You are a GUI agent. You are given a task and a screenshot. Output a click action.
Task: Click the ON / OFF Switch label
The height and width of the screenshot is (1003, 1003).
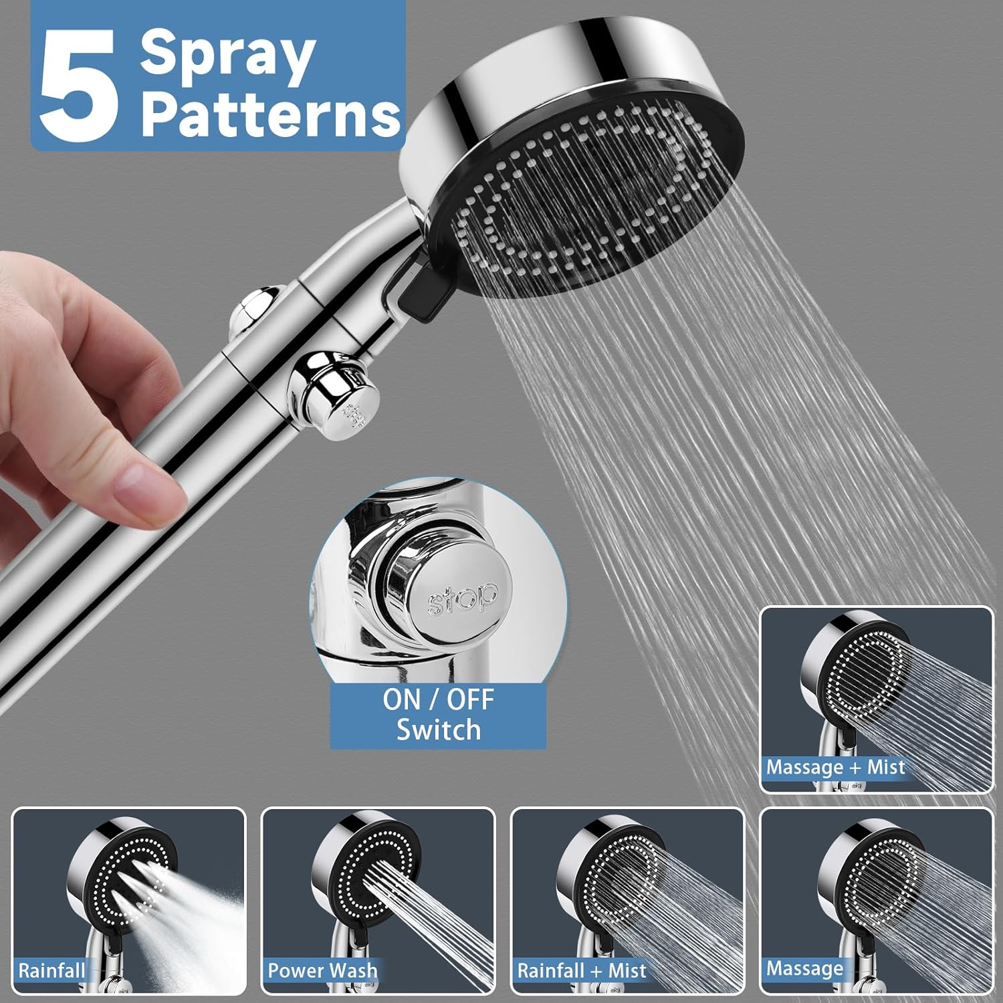click(x=438, y=715)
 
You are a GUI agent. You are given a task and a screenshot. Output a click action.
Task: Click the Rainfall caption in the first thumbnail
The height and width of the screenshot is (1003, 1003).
click(x=51, y=971)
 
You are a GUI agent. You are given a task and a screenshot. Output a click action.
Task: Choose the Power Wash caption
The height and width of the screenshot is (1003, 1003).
click(x=322, y=971)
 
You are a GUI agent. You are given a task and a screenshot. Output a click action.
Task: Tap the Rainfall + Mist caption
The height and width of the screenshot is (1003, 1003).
click(x=582, y=971)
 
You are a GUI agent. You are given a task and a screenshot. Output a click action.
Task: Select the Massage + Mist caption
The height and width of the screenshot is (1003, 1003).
click(x=835, y=767)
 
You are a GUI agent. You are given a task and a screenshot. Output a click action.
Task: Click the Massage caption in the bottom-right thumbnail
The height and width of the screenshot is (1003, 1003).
click(x=804, y=968)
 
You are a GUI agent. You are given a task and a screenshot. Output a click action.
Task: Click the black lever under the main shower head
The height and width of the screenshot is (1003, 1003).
click(x=420, y=295)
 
